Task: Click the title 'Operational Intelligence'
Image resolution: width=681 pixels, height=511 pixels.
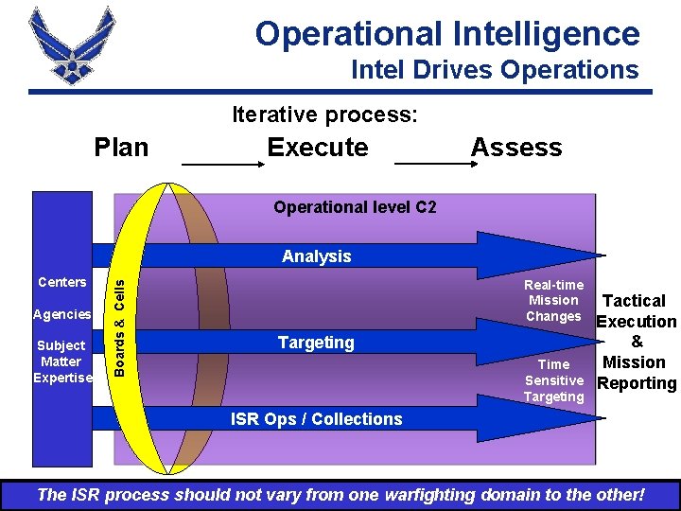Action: coord(447,34)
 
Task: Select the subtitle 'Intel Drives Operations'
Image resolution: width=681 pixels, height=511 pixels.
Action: coord(494,70)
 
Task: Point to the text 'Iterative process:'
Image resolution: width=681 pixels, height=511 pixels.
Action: coord(324,115)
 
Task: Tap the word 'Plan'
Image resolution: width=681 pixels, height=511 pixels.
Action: coord(121,148)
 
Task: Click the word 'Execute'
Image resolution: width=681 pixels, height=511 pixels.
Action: coord(318,148)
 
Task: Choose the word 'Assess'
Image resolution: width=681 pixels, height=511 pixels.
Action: coord(515,148)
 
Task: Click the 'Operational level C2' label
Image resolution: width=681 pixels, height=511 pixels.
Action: coord(355,206)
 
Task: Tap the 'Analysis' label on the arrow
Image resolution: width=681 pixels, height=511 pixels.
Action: coord(316,256)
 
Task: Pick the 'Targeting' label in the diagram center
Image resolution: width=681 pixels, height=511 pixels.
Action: coord(316,343)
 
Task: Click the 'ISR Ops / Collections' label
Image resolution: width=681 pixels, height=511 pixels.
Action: coord(317,419)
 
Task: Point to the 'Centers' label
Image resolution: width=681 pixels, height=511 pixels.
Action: coord(62,282)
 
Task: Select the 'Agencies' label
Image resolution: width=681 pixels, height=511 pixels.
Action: coord(62,314)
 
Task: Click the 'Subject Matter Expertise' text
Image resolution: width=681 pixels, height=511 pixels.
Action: coord(62,361)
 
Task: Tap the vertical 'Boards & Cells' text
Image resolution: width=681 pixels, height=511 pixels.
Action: coord(119,321)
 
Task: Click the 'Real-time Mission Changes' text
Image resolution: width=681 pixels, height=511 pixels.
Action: coord(554,301)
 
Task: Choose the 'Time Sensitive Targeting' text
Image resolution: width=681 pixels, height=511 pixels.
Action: coord(554,380)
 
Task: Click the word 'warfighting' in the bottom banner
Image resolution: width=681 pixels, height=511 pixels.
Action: coord(427,495)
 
